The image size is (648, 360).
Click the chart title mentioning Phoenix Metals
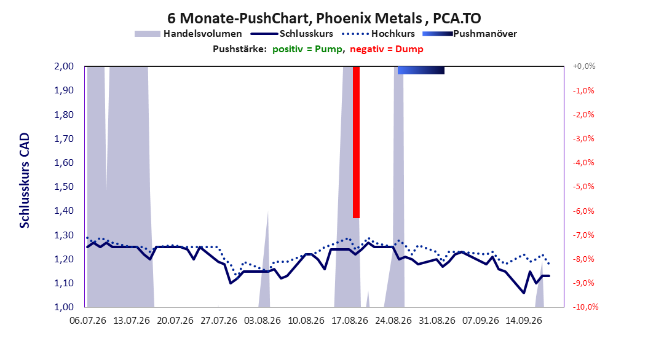(324, 18)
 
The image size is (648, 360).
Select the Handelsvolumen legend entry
(188, 34)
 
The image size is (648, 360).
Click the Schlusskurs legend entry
(292, 34)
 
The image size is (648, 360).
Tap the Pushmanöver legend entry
(470, 34)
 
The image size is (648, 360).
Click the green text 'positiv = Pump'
(307, 49)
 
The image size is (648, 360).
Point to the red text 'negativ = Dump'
(387, 49)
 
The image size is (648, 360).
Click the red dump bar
(356, 142)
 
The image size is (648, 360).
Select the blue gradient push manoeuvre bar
(421, 70)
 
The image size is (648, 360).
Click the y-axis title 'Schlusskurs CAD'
(25, 181)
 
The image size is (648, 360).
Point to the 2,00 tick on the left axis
(64, 66)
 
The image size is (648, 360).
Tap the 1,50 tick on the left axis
(64, 187)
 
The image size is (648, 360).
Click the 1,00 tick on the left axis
(64, 307)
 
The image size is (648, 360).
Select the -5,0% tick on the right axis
(583, 187)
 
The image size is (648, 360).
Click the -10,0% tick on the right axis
(585, 307)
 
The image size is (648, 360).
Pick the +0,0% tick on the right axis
(584, 66)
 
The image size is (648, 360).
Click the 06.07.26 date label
(88, 321)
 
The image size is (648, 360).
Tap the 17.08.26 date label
(350, 321)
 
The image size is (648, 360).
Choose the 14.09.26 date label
(524, 321)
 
